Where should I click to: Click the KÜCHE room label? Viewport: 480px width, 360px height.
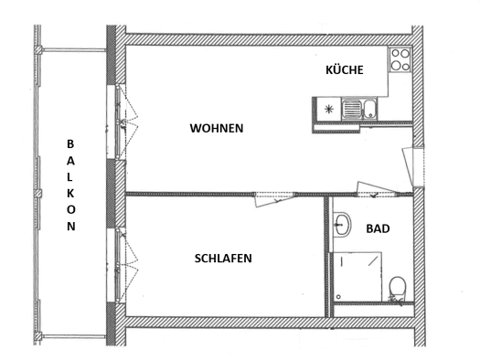click(345, 70)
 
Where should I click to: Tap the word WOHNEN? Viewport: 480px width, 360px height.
click(217, 128)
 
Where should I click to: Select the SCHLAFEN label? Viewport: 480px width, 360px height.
click(223, 259)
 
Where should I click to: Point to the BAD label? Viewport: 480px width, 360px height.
click(378, 228)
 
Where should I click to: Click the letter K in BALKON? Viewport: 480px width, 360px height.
click(70, 194)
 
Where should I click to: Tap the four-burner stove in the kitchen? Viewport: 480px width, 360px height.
click(400, 59)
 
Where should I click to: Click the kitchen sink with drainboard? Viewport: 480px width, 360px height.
click(359, 109)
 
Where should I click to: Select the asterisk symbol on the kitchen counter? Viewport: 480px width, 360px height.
click(329, 109)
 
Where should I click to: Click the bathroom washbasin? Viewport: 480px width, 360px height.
click(342, 224)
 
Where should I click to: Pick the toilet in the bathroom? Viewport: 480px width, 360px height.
click(398, 289)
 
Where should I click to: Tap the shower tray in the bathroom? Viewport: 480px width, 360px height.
click(357, 277)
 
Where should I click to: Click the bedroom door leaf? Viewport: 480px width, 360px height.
click(275, 200)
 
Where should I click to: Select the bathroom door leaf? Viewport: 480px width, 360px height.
click(377, 187)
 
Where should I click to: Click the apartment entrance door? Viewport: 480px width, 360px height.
click(409, 166)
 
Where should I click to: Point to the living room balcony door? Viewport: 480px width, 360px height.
click(122, 122)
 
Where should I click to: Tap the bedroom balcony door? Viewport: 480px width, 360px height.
click(122, 266)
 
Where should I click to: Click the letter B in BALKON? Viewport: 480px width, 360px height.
click(70, 144)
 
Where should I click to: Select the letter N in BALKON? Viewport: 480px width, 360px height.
click(71, 227)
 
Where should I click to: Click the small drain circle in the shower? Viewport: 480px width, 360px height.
click(338, 297)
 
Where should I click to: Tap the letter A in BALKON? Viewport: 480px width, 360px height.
click(70, 161)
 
